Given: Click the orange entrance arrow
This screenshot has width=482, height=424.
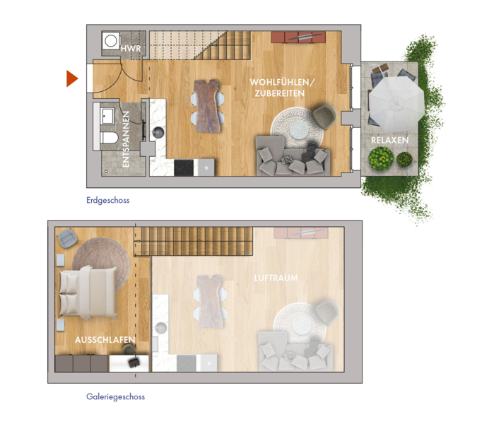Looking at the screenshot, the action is (71, 78).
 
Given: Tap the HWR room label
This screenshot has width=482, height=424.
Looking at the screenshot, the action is (131, 49).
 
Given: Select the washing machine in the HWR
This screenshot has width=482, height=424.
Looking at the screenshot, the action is (111, 40).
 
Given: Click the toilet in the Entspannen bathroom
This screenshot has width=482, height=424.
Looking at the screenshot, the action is (109, 138).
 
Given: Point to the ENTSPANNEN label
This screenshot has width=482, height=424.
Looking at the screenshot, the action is (126, 139).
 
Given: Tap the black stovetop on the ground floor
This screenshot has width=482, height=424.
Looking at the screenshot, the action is (184, 168).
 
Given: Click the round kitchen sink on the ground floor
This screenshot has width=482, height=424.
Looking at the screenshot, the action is (158, 133).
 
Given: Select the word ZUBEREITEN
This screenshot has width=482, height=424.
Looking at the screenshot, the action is (279, 93).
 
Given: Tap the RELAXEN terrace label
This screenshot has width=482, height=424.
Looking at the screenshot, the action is (390, 140).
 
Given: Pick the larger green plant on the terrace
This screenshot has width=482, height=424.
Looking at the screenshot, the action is (381, 158).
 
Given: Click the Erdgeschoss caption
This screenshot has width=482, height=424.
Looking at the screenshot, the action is (108, 201).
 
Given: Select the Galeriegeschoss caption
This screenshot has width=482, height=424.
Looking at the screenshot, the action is (116, 396).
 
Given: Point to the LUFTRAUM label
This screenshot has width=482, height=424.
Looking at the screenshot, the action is (276, 278).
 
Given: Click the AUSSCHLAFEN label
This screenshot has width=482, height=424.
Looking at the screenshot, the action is (105, 340).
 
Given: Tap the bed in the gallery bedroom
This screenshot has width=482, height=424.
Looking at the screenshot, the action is (88, 293).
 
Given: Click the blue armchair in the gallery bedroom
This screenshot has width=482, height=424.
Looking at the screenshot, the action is (67, 237).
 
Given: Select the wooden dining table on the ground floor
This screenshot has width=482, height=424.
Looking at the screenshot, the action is (208, 106).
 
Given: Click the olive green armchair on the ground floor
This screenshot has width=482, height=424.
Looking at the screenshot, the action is (324, 117).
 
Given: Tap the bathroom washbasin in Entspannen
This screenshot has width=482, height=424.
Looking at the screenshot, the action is (107, 116).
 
